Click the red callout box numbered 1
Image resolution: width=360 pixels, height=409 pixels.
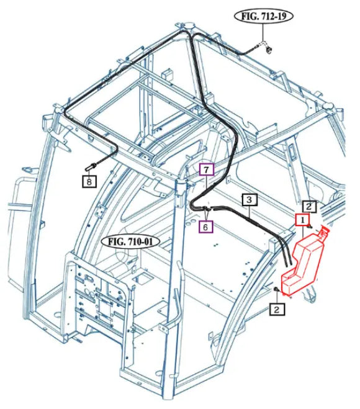tap(302, 220)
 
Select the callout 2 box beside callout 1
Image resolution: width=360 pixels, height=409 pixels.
tap(309, 207)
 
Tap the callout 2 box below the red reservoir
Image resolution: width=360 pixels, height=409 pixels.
tap(277, 309)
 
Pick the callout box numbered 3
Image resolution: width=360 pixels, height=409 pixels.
tap(250, 200)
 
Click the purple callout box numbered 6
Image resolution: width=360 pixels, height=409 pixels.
tap(205, 227)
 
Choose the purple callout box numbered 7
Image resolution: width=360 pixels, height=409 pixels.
tap(206, 170)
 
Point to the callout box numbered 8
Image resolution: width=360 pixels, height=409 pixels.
tap(89, 181)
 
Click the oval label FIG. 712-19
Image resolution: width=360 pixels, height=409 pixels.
tap(264, 16)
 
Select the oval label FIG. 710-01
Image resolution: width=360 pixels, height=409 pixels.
tap(130, 242)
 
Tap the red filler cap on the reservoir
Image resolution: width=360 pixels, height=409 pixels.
tap(323, 231)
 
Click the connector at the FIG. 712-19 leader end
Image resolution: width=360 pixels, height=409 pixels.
tap(268, 49)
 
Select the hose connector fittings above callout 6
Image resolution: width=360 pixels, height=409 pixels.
tap(208, 209)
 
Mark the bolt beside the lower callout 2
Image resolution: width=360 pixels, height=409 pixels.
tap(276, 290)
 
